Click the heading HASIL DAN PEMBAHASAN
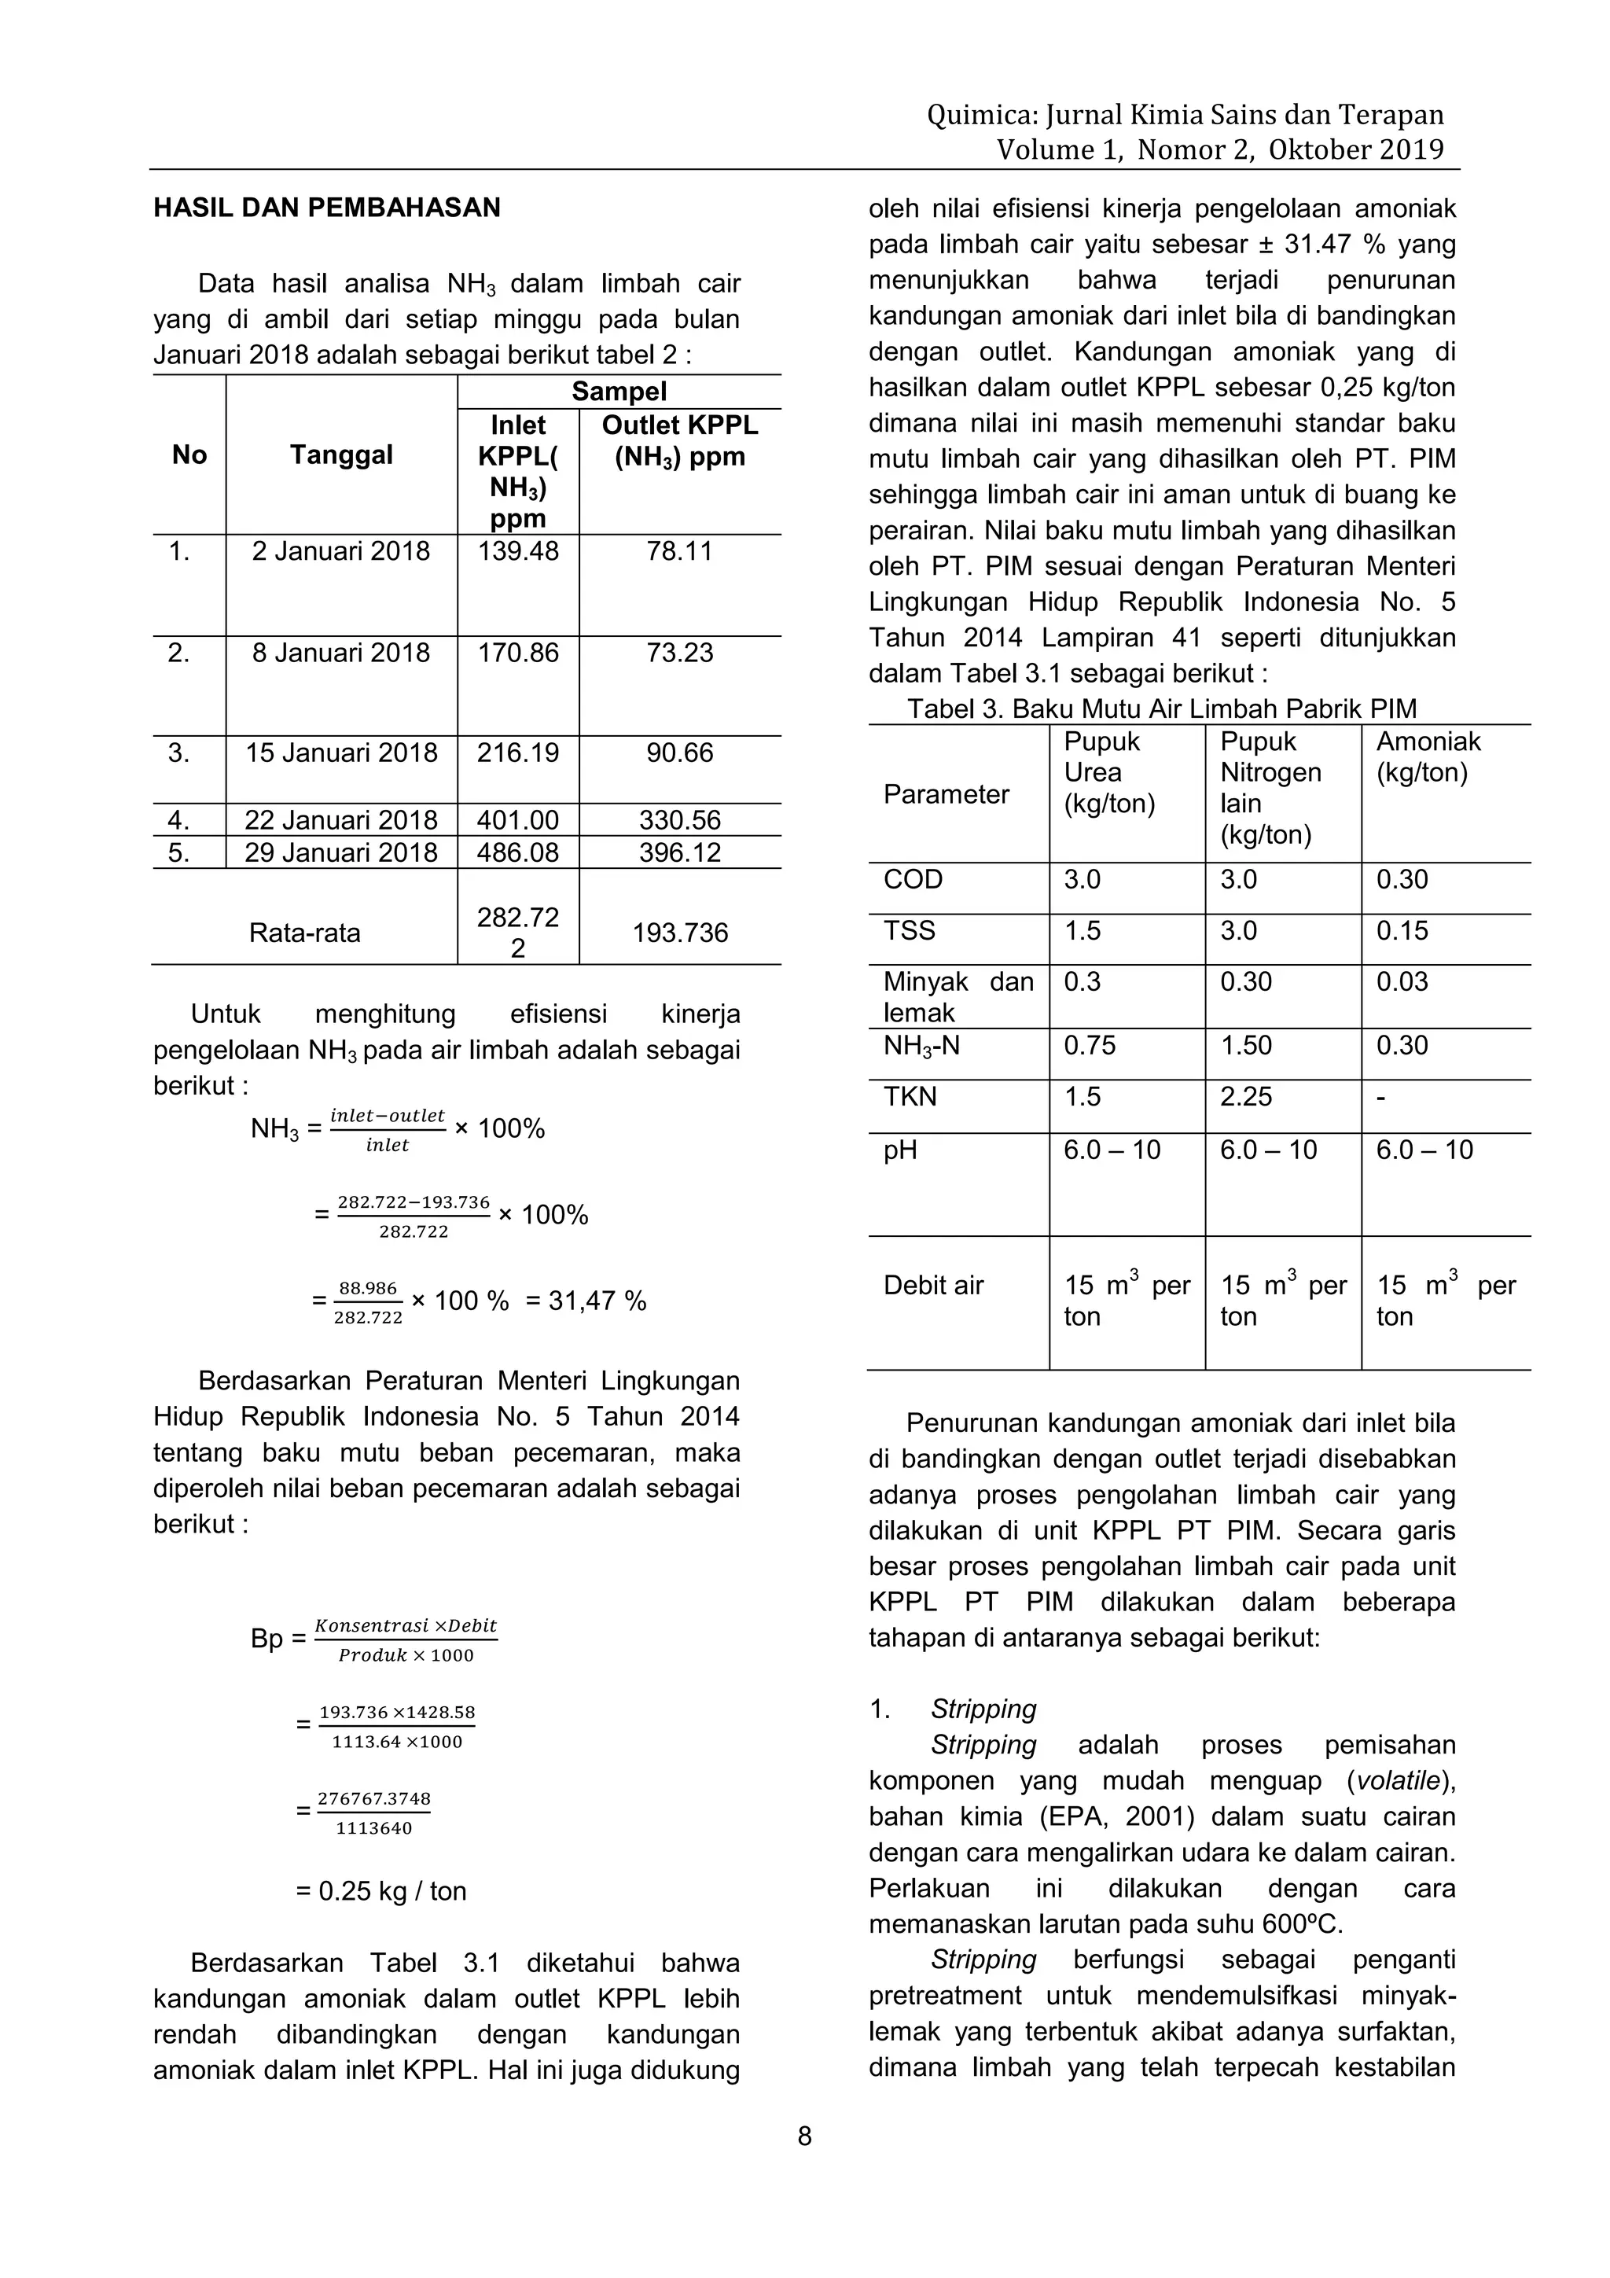326,208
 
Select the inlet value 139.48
518,552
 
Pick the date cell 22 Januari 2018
340,820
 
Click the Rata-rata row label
304,933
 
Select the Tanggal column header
340,455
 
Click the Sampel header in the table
618,392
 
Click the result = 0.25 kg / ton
381,1891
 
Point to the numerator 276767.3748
374,1799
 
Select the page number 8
804,2136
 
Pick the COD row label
913,880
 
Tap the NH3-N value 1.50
1246,1046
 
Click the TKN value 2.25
1246,1098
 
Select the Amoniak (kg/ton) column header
1428,757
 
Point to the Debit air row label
932,1286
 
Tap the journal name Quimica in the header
982,116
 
